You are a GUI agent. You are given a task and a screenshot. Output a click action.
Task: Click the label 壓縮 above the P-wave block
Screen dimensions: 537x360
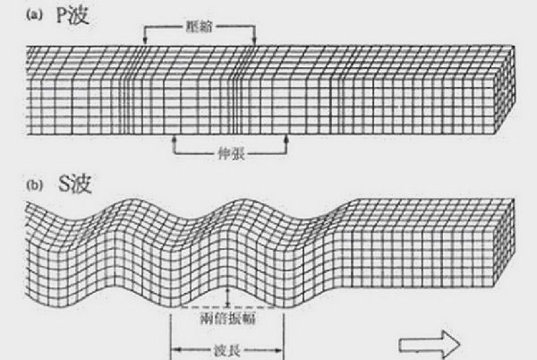pyautogui.click(x=199, y=26)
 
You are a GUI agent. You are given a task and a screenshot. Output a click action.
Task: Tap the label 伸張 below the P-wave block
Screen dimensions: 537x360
pyautogui.click(x=231, y=154)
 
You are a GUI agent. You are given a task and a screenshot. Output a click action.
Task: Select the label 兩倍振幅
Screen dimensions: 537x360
pyautogui.click(x=227, y=319)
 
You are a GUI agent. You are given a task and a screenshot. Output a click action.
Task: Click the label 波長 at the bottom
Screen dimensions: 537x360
pyautogui.click(x=226, y=350)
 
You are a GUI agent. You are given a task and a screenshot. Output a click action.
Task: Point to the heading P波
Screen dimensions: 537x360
pyautogui.click(x=72, y=15)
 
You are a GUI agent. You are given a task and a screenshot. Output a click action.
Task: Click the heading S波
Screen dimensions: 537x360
pyautogui.click(x=74, y=184)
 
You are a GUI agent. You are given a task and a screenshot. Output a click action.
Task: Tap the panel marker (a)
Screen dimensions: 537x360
pyautogui.click(x=35, y=14)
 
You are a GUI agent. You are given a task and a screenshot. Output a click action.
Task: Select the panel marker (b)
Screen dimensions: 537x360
pyautogui.click(x=35, y=185)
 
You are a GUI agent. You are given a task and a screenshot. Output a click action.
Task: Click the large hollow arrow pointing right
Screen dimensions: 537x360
pyautogui.click(x=430, y=344)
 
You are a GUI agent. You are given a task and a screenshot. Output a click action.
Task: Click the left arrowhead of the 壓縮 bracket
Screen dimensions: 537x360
pyautogui.click(x=145, y=41)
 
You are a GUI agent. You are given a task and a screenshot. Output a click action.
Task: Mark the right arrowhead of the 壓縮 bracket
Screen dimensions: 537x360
pyautogui.click(x=254, y=41)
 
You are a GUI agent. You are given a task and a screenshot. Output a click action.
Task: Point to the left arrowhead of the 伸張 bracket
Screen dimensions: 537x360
pyautogui.click(x=174, y=139)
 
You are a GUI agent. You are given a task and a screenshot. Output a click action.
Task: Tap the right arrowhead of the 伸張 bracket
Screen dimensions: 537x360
pyautogui.click(x=286, y=139)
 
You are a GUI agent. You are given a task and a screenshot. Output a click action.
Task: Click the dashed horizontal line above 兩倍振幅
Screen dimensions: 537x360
pyautogui.click(x=227, y=307)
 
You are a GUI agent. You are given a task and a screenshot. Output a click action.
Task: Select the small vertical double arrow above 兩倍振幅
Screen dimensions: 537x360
pyautogui.click(x=227, y=297)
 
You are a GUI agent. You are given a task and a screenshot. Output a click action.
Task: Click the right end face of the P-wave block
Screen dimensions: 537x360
pyautogui.click(x=504, y=90)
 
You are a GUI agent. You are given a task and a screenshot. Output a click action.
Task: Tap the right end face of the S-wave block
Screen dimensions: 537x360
pyautogui.click(x=504, y=243)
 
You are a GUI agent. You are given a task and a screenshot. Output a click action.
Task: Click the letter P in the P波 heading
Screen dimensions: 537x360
pyautogui.click(x=62, y=16)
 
